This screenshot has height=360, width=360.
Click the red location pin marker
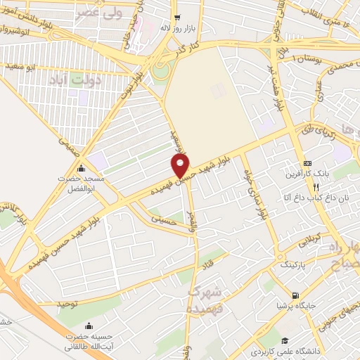pos(181,166)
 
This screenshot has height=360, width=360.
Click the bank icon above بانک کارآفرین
pos(308,162)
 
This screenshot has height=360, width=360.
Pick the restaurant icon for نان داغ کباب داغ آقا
pos(316,187)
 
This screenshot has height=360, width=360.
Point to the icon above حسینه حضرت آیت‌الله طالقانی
pos(89,325)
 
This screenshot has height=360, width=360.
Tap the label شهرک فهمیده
pos(207,300)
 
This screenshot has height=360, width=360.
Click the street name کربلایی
pos(310,241)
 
